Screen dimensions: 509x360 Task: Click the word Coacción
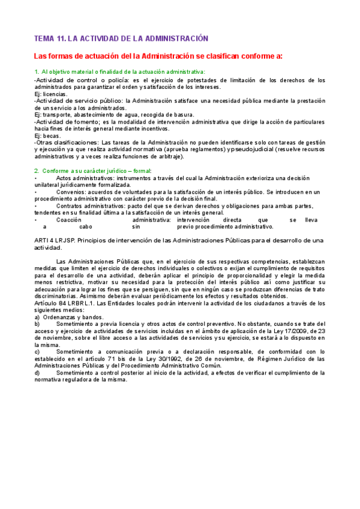(x=69, y=220)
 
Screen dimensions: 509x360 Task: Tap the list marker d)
(x=38, y=373)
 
